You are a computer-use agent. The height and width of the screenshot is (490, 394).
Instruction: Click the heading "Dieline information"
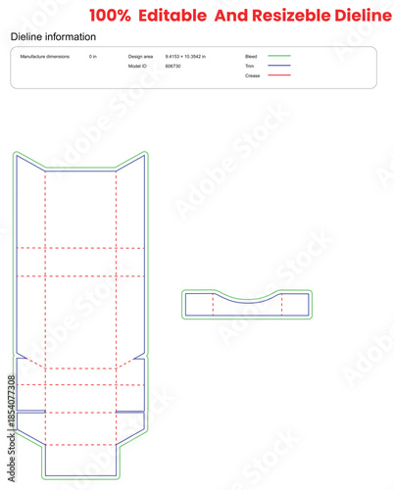pos(53,36)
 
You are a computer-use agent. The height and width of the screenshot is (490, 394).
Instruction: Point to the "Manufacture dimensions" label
pos(45,57)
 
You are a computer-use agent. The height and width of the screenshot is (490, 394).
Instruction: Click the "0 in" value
pos(92,57)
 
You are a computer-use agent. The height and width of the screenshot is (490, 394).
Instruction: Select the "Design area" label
pos(140,57)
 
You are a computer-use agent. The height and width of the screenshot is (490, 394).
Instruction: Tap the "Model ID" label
pos(137,66)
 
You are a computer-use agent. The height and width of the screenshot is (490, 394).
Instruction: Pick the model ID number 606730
pos(172,66)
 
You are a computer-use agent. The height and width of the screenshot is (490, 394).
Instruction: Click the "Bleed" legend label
pos(251,57)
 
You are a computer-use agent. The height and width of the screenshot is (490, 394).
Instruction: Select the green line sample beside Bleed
pos(279,57)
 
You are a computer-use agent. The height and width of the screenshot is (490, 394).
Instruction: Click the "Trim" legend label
pos(250,66)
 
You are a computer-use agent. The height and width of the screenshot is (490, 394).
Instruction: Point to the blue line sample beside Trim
pos(279,66)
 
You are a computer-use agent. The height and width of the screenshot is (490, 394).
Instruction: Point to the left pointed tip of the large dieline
pos(15,156)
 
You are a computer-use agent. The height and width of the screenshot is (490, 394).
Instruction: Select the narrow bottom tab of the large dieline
pos(80,462)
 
